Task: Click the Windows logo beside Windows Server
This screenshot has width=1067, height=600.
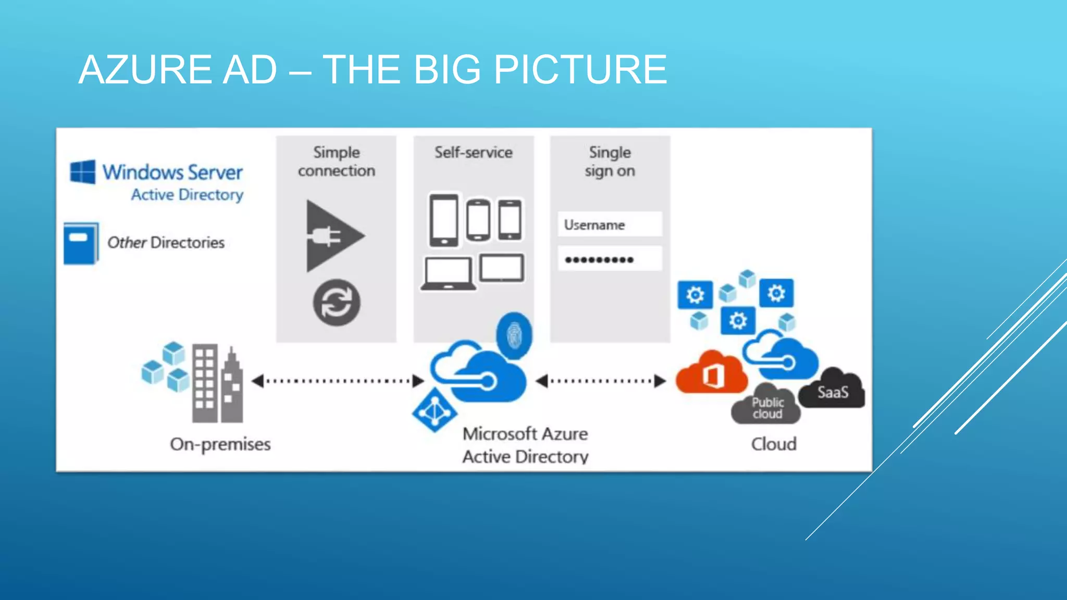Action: tap(83, 172)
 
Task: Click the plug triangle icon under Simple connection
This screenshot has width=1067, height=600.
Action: tap(332, 236)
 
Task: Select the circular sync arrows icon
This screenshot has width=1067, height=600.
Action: tap(337, 303)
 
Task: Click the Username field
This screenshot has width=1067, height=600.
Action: tap(610, 224)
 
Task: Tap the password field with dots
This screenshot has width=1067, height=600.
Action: tap(610, 259)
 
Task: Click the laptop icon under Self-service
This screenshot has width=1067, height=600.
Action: tap(448, 273)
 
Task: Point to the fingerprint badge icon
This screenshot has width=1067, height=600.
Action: tap(514, 335)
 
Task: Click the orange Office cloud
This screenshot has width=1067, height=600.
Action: tap(711, 374)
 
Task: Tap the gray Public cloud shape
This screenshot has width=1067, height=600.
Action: tap(766, 407)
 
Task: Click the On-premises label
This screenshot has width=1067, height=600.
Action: tap(220, 444)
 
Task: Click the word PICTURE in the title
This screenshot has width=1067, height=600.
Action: tap(580, 69)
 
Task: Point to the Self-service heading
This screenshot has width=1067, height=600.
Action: tap(474, 153)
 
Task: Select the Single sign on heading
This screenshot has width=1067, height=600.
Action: tap(610, 161)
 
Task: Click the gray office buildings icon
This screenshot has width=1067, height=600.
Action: tap(217, 383)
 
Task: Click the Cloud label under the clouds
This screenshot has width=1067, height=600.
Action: tap(774, 444)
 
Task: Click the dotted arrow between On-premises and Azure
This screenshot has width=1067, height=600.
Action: tap(338, 381)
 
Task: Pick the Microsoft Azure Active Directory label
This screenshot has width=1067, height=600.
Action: tap(525, 445)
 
